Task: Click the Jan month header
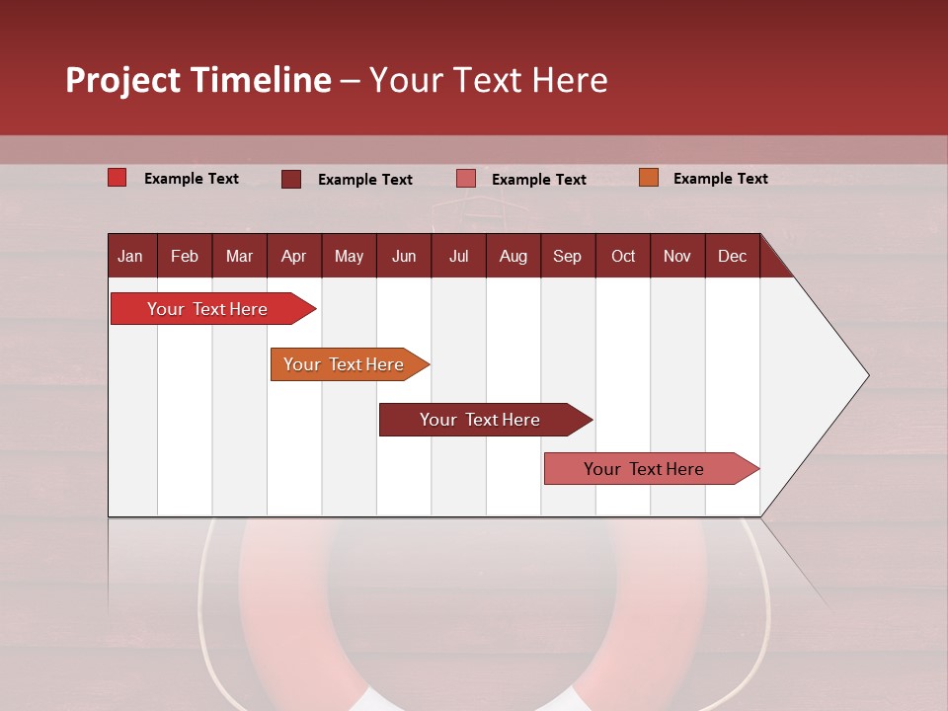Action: pos(130,256)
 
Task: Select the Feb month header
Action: pos(185,256)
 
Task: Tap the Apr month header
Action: pos(293,256)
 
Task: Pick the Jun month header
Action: pos(404,256)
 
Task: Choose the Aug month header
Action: pos(513,256)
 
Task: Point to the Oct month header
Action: pos(623,256)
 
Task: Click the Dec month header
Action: pos(732,256)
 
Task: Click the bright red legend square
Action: pos(118,178)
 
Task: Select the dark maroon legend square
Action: pos(291,179)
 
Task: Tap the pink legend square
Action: pos(466,179)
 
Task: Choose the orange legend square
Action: pos(649,178)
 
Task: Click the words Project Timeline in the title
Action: pos(198,80)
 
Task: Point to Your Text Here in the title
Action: pos(488,80)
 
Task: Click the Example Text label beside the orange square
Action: pos(720,179)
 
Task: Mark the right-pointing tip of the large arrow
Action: pos(866,375)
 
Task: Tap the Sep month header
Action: pos(567,256)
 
